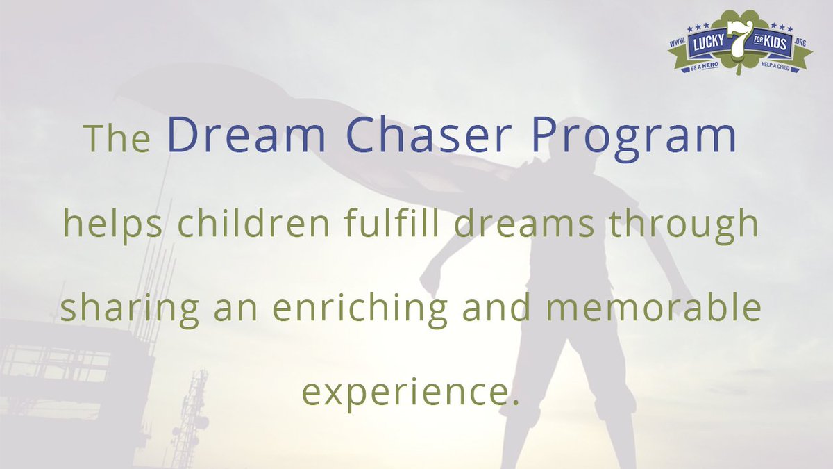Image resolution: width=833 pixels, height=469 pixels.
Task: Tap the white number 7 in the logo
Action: coord(737,44)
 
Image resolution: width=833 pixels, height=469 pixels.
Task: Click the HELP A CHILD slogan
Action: coord(777,65)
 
